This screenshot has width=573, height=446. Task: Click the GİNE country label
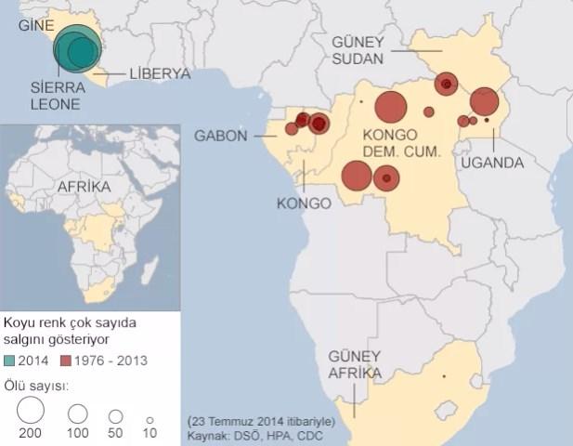pyautogui.click(x=35, y=25)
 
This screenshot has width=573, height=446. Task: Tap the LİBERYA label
pyautogui.click(x=160, y=73)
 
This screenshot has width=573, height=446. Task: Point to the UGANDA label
pyautogui.click(x=491, y=163)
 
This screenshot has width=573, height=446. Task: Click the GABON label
pyautogui.click(x=221, y=137)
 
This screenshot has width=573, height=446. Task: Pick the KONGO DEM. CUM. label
pyautogui.click(x=399, y=142)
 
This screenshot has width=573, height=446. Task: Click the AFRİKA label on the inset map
pyautogui.click(x=85, y=186)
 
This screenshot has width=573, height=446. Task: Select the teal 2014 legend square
pyautogui.click(x=10, y=360)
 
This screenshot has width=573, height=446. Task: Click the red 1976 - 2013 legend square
pyautogui.click(x=65, y=360)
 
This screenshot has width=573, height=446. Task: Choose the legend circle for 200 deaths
pyautogui.click(x=31, y=411)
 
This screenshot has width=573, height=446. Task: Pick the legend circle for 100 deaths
pyautogui.click(x=78, y=413)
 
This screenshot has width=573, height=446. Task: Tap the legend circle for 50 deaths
pyautogui.click(x=116, y=416)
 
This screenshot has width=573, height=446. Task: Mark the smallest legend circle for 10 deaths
pyautogui.click(x=150, y=418)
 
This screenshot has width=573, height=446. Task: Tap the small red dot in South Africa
pyautogui.click(x=444, y=376)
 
